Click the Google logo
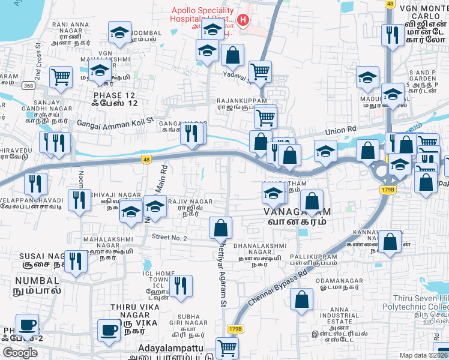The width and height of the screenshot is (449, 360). pos(20,353)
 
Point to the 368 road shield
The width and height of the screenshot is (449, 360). pos(29,86)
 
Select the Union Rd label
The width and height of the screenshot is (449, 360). pos(341,130)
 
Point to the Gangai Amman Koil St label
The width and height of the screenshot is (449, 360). pos(115,124)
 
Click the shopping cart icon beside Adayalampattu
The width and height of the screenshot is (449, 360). pos(227,347)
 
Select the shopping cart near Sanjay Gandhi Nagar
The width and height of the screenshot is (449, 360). pos(61,77)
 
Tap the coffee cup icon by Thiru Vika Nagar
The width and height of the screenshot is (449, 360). pos(109,329)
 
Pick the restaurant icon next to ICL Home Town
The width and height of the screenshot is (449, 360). pos(180,285)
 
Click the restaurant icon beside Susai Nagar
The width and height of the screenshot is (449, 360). pos(75,262)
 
